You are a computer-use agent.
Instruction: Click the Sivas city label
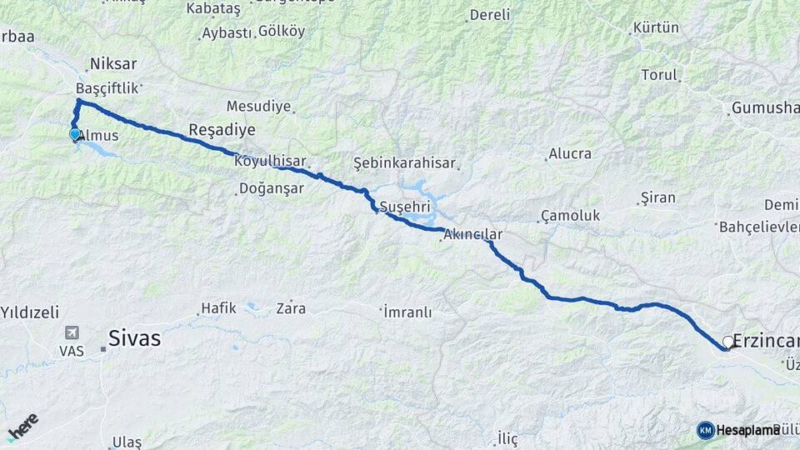[x=134, y=339]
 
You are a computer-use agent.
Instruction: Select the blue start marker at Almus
[x=75, y=133]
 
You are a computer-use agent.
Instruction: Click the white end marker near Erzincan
[x=728, y=341]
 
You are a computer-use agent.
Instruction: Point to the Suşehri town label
[x=403, y=206]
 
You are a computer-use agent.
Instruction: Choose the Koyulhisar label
[x=271, y=161]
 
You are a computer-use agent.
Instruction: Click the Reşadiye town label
[x=222, y=129]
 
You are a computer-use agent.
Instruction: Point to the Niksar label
[x=112, y=63]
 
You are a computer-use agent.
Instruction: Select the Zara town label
[x=291, y=308]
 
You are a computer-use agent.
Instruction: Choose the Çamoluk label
[x=570, y=215]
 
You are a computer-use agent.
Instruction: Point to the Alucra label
[x=570, y=153]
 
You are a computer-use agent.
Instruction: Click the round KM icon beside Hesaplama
[x=705, y=430]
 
